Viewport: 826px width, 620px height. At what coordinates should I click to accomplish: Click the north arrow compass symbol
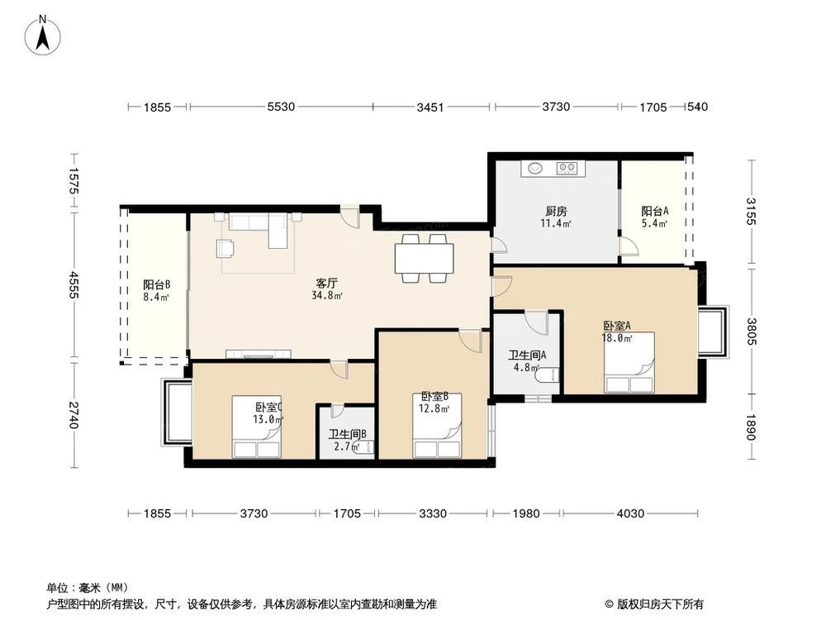click(43, 35)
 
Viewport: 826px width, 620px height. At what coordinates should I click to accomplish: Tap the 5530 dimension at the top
click(281, 107)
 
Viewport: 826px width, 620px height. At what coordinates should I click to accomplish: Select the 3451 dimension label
click(430, 107)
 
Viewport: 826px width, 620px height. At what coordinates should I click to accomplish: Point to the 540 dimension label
click(697, 107)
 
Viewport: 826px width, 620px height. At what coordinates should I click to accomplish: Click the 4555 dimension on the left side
click(74, 285)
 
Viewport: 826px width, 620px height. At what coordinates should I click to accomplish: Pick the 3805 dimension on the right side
click(751, 331)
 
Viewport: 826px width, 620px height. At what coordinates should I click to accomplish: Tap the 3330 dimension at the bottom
click(433, 513)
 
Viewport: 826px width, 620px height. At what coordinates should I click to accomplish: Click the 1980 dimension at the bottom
click(525, 513)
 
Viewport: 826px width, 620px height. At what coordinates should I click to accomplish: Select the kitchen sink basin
click(535, 168)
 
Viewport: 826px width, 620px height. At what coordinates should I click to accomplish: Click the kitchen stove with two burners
click(567, 168)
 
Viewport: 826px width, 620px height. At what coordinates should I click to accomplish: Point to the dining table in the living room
click(424, 258)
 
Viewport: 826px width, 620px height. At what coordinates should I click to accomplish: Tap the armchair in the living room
click(225, 248)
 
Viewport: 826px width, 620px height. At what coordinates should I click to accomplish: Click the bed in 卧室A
click(629, 362)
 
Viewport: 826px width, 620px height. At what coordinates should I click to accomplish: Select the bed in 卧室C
click(257, 427)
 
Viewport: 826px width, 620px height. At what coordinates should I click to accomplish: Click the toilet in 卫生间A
click(547, 374)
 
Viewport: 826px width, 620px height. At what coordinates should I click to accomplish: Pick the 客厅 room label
click(326, 284)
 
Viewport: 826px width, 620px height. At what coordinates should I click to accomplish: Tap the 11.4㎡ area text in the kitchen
click(556, 223)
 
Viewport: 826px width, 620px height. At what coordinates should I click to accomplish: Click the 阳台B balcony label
click(156, 284)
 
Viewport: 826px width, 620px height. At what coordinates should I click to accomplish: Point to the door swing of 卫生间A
click(537, 322)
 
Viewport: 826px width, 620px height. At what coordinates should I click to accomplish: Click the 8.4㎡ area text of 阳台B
click(156, 297)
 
